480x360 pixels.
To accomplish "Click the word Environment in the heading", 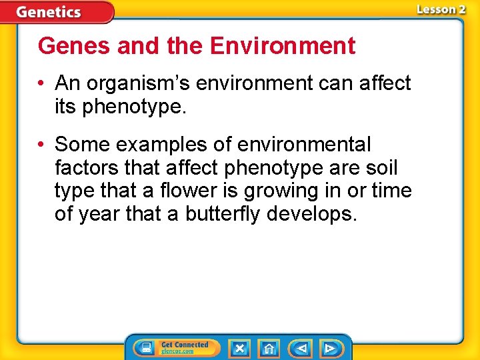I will [282, 46].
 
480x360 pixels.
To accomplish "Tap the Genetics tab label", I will [49, 12].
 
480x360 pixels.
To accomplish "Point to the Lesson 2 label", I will [441, 9].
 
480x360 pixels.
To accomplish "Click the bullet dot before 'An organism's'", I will [41, 84].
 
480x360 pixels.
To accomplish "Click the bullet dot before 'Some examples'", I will [41, 145].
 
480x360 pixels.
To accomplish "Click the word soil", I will [381, 167].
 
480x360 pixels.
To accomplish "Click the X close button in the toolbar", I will [239, 347].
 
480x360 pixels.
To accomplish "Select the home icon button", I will [269, 347].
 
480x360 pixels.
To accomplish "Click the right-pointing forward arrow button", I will [329, 347].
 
